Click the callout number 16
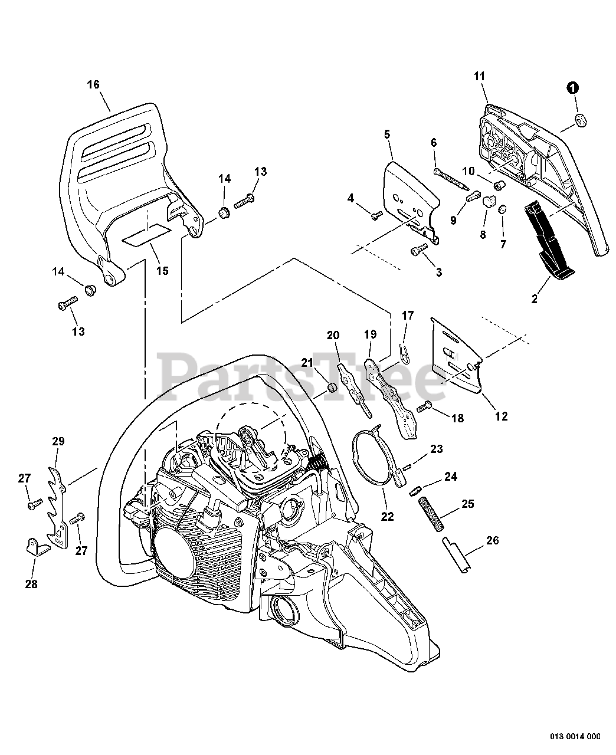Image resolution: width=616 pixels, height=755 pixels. click(93, 84)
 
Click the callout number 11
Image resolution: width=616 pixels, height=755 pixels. click(479, 75)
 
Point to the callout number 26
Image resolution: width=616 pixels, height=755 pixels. click(493, 540)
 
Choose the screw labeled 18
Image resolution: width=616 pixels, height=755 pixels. click(425, 406)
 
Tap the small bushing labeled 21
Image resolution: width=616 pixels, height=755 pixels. click(332, 389)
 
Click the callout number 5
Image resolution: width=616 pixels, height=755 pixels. click(387, 134)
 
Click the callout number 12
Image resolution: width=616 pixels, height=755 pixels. click(501, 416)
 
